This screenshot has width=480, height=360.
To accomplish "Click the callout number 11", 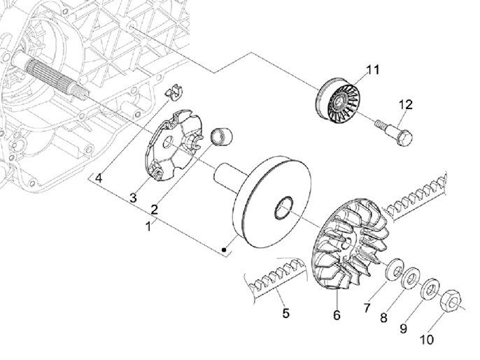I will point(372,69).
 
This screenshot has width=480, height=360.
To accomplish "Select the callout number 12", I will point(406,104).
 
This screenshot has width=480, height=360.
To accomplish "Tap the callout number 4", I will point(99,178).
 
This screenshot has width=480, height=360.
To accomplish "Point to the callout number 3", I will point(132,199).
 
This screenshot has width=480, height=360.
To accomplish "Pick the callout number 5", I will point(285,313).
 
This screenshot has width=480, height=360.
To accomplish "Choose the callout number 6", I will point(337,315).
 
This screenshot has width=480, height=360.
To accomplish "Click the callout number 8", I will point(383,317).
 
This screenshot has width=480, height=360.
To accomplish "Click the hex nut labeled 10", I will point(452,302).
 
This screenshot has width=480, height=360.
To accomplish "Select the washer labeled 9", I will point(430,287).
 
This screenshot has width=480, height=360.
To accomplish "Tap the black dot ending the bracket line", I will point(224,249).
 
